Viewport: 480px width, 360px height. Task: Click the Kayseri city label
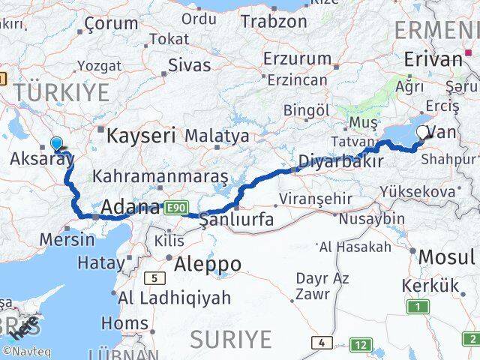[141, 136]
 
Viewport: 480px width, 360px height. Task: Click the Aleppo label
[208, 264]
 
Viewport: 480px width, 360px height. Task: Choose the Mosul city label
[447, 257]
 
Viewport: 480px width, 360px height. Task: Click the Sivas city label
[190, 64]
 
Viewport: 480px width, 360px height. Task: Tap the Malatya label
[216, 136]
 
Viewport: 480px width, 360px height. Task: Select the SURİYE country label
[230, 340]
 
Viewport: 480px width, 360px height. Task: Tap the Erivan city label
[432, 58]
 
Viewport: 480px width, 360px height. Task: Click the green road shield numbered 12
[361, 344]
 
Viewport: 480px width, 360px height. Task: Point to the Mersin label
[68, 240]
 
